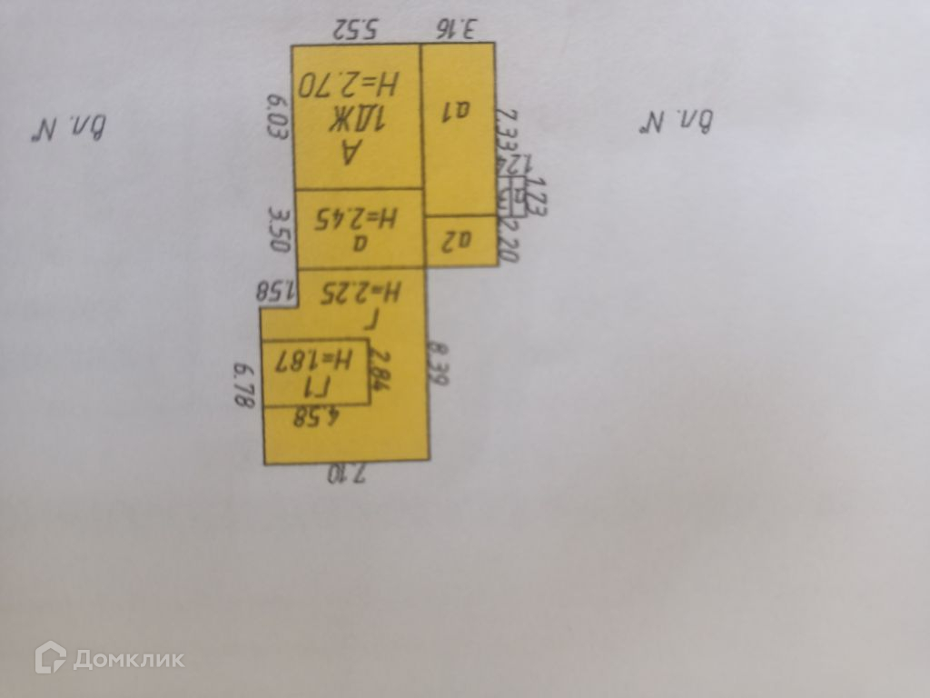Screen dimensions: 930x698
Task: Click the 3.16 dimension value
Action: coord(456,29)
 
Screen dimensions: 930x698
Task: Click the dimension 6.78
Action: coord(243,385)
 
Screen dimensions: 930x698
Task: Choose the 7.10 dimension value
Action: coord(345,474)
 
